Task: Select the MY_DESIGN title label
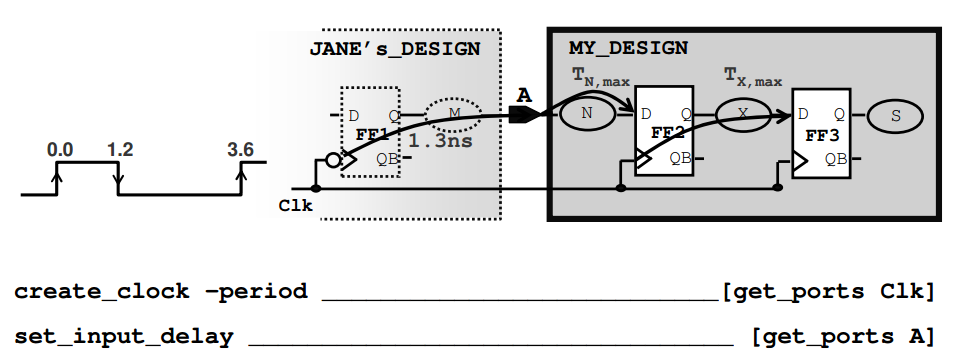(x=628, y=47)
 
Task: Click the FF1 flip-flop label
(x=372, y=133)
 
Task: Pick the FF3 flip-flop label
(x=820, y=132)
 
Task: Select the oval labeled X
(x=742, y=114)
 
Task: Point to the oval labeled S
(x=895, y=116)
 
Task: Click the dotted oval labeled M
(x=454, y=114)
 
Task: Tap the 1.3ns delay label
(x=440, y=141)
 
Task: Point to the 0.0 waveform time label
(x=60, y=149)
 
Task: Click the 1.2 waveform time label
(x=120, y=149)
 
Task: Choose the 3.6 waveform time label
(x=240, y=149)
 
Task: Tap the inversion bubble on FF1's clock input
(x=334, y=159)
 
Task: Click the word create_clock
(x=101, y=292)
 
